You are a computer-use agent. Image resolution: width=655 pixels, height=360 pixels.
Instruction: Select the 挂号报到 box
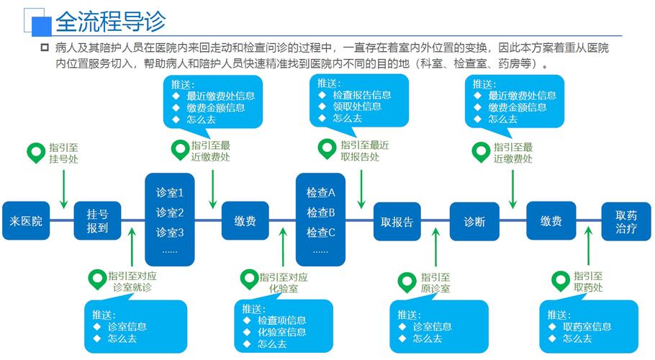pos(97,221)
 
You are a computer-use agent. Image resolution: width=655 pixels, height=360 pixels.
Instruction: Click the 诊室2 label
pos(170,212)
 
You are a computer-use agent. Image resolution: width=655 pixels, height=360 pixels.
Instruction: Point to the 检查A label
pos(321,193)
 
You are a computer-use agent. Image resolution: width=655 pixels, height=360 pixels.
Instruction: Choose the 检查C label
pos(321,233)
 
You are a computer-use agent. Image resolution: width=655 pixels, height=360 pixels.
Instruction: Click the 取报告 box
pos(397,221)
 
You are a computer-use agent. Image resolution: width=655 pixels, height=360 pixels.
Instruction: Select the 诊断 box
pos(474,221)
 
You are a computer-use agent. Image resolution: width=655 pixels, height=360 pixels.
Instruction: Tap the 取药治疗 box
pos(626,221)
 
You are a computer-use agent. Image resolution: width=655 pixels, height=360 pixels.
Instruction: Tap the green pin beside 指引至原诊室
pos(407,280)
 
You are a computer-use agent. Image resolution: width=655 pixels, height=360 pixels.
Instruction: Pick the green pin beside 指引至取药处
pos(559,280)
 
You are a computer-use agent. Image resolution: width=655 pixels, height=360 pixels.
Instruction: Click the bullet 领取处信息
pos(356,107)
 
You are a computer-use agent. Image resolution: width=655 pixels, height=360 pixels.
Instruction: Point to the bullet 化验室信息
pos(281,332)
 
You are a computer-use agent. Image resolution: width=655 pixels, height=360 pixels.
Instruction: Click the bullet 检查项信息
pos(281,320)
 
